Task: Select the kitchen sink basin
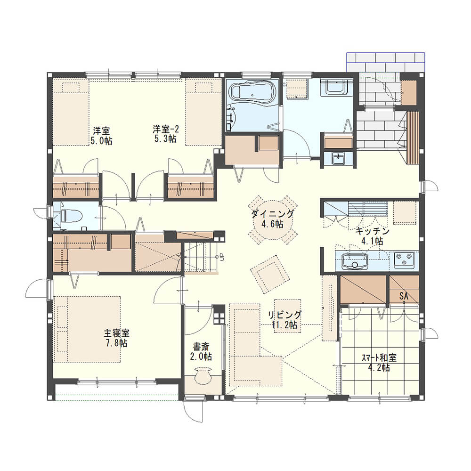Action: click(355, 261)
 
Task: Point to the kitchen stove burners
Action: click(404, 260)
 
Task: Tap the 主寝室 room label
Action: click(116, 333)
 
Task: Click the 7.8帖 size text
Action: click(116, 343)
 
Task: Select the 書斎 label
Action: click(201, 347)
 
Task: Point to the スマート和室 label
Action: click(379, 358)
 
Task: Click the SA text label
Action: click(404, 296)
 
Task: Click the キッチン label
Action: click(372, 231)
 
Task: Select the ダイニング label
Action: click(272, 214)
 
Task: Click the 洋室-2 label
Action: click(166, 130)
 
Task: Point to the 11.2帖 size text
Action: click(284, 325)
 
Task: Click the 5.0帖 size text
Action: click(102, 140)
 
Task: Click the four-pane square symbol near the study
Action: click(219, 318)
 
